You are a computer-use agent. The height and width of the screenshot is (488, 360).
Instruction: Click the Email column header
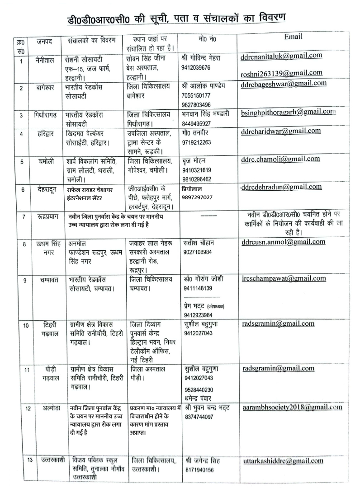coord(293,37)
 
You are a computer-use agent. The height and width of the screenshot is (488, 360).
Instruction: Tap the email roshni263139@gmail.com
coord(281,73)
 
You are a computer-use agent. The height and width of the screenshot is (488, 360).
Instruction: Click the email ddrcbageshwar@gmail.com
coord(284,83)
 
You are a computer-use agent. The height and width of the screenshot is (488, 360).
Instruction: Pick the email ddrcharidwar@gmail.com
coord(281,131)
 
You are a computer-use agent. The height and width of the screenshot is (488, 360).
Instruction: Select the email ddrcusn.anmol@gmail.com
coord(284,242)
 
